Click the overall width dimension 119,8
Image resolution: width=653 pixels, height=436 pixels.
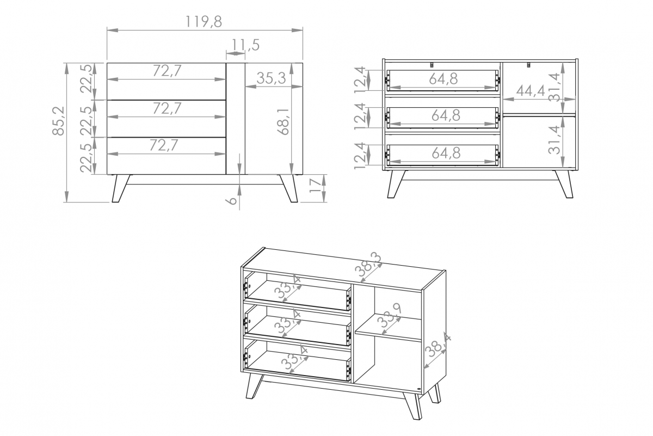tap(204, 22)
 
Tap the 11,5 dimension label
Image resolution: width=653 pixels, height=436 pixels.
tap(245, 45)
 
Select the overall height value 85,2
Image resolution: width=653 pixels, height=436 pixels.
tap(58, 121)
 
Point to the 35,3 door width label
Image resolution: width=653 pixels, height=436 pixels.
tap(271, 78)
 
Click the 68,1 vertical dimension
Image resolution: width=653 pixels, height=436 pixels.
tap(284, 121)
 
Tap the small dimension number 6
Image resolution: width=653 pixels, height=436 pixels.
tap(232, 201)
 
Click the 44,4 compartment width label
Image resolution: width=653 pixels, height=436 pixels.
tap(531, 91)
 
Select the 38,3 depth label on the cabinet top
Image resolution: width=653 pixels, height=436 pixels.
tap(368, 266)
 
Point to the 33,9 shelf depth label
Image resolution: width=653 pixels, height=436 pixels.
tap(390, 315)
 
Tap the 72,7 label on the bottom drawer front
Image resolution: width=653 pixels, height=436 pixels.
tap(163, 145)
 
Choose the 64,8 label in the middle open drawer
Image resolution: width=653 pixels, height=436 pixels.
tap(446, 115)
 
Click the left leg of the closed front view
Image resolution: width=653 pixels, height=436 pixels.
tap(120, 188)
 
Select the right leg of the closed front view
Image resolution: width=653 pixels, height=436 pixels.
tap(288, 188)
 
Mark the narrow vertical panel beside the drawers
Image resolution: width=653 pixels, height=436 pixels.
tap(236, 119)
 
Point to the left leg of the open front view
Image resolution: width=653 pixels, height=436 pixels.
tap(396, 185)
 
